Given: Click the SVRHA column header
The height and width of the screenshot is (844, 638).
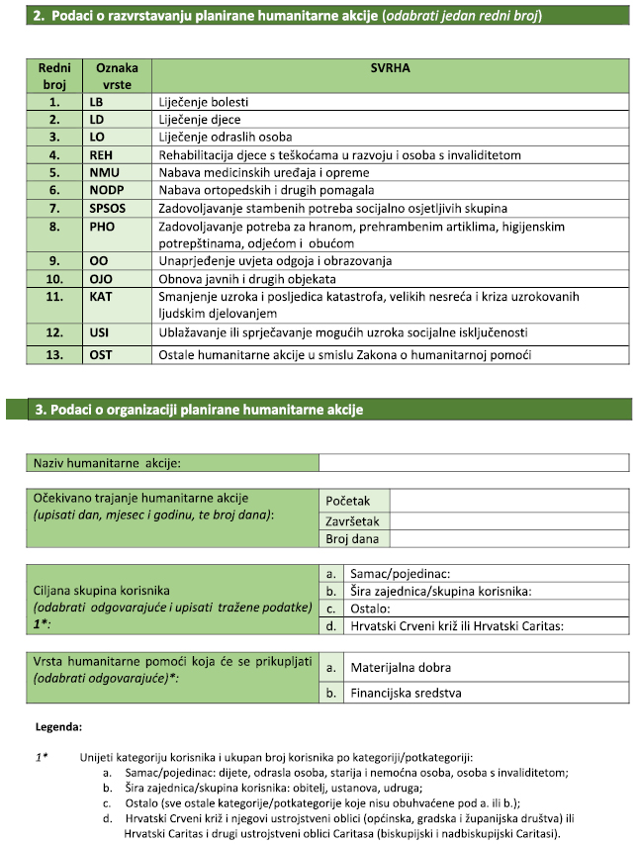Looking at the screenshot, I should coord(391,69).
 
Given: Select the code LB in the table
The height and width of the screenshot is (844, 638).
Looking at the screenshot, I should coord(97,101).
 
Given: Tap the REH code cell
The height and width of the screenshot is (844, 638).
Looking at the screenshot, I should coord(101,154).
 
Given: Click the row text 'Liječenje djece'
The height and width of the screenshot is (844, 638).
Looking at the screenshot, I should coord(199,119).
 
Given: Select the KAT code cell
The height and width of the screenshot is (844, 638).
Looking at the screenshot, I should coord(101,296).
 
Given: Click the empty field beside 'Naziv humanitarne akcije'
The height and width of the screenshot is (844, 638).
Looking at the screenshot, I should coord(473,462).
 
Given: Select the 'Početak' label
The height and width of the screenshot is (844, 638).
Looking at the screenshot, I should coord(347,502).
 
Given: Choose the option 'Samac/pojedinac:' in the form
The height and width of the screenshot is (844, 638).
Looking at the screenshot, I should coord(401,573).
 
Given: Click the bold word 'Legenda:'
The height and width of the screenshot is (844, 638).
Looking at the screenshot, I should coord(58,725).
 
